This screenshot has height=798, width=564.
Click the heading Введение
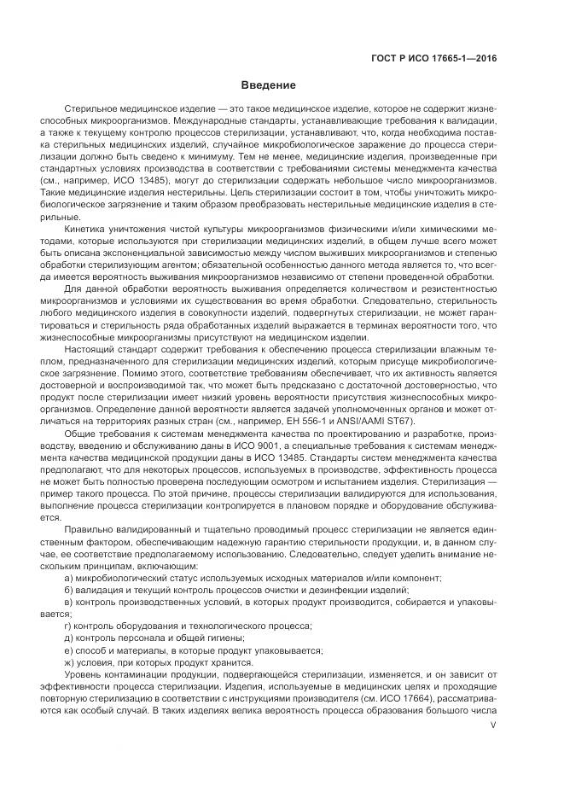click(x=268, y=85)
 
